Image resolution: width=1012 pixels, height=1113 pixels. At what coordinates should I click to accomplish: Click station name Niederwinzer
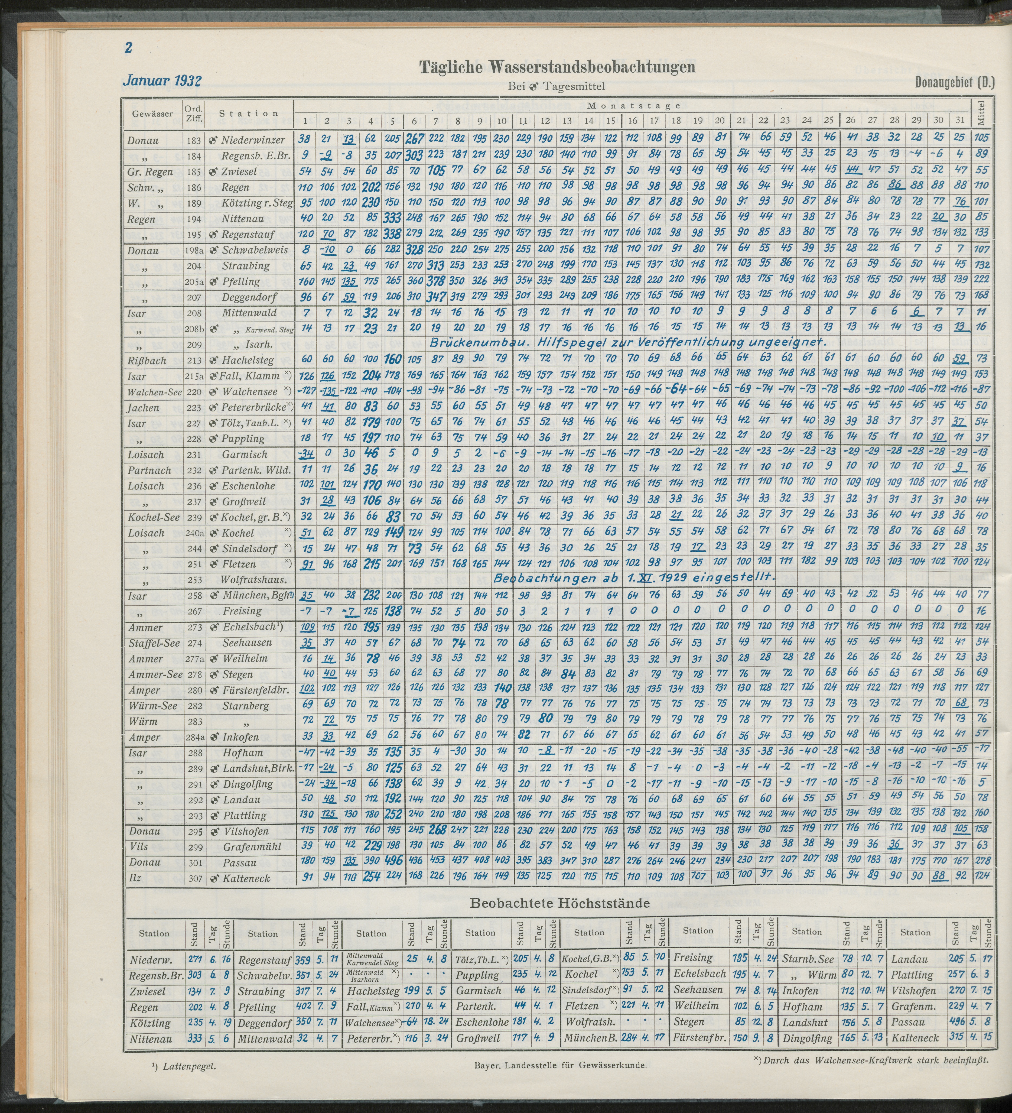(253, 140)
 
